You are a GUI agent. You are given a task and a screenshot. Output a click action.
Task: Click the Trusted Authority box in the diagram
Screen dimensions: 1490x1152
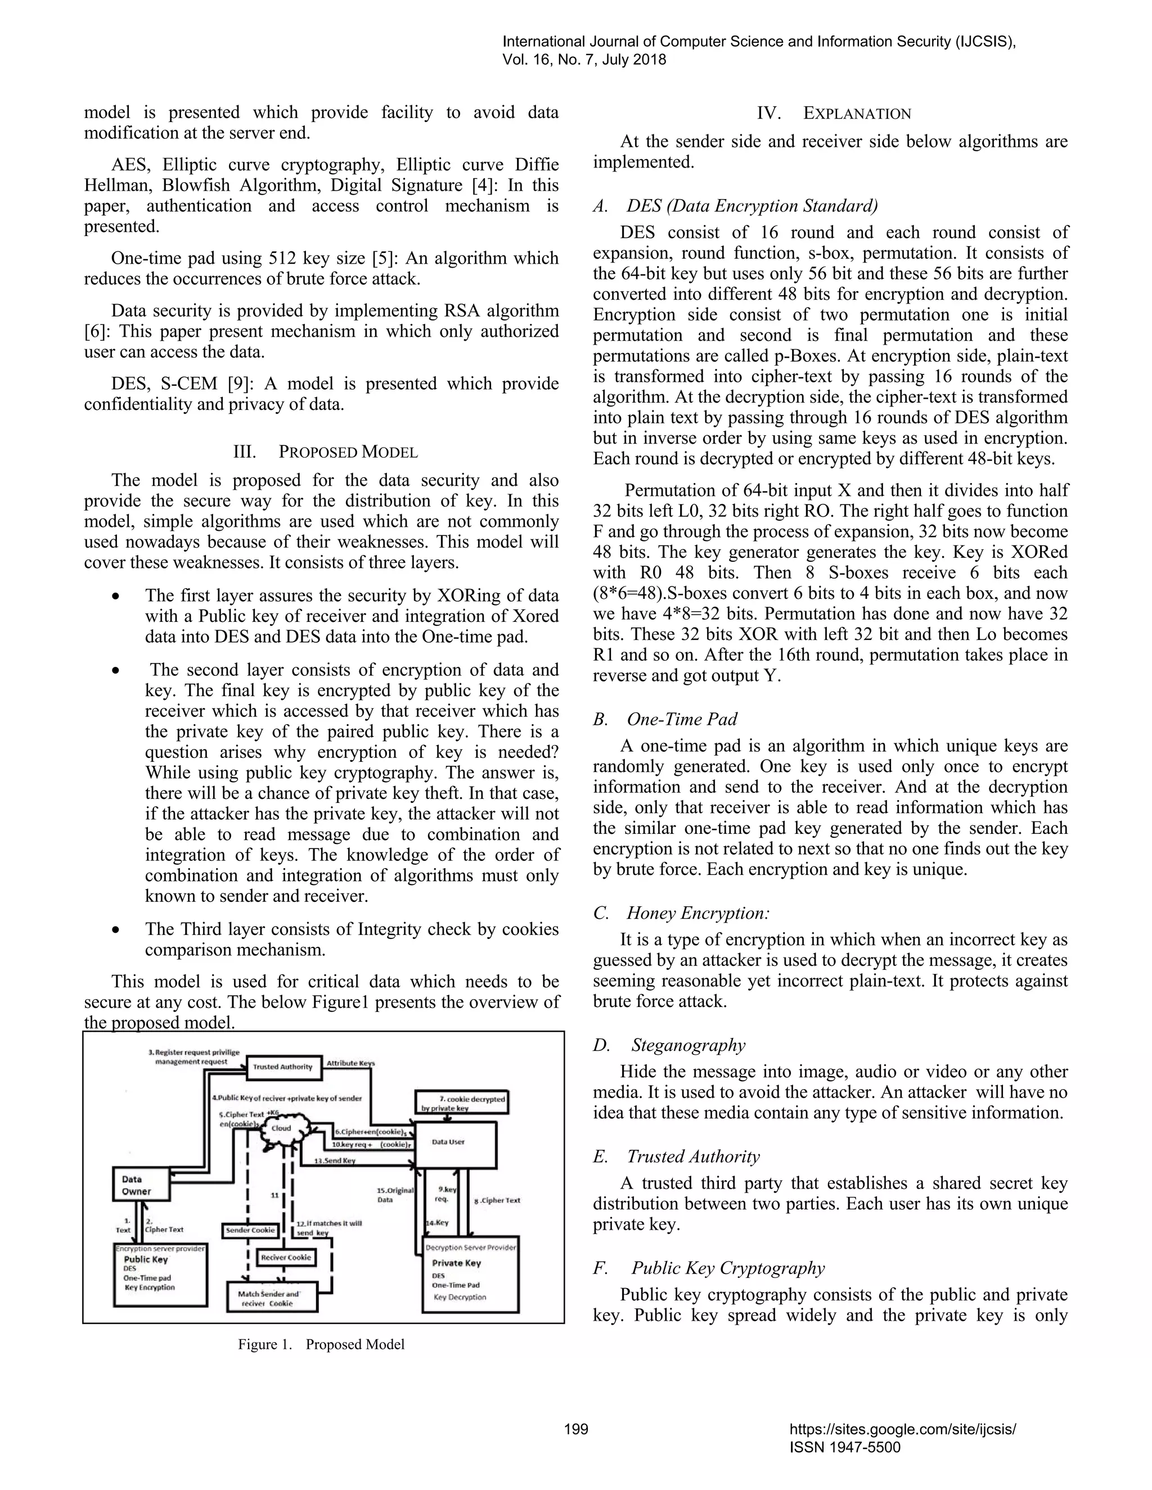coord(282,1066)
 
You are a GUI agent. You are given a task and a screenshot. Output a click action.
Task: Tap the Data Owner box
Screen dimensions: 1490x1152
coord(140,1185)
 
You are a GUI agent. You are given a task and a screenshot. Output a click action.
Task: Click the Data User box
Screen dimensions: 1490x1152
coord(454,1144)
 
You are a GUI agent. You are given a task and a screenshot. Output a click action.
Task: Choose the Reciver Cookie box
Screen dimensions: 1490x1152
coord(285,1257)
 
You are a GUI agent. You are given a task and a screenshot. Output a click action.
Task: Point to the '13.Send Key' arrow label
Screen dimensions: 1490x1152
coord(335,1161)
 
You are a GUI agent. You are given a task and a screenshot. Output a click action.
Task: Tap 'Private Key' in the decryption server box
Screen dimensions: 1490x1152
coord(456,1263)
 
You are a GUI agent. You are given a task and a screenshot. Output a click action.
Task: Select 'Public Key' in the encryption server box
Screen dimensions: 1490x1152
coord(145,1259)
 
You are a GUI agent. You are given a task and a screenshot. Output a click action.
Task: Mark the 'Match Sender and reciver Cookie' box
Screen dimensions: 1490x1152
coord(271,1298)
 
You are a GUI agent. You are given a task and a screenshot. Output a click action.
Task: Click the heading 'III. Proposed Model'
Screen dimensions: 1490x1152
coord(326,451)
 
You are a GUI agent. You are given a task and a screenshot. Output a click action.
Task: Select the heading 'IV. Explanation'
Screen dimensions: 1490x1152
coord(833,113)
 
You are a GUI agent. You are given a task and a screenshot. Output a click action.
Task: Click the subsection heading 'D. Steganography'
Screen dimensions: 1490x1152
coord(669,1045)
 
